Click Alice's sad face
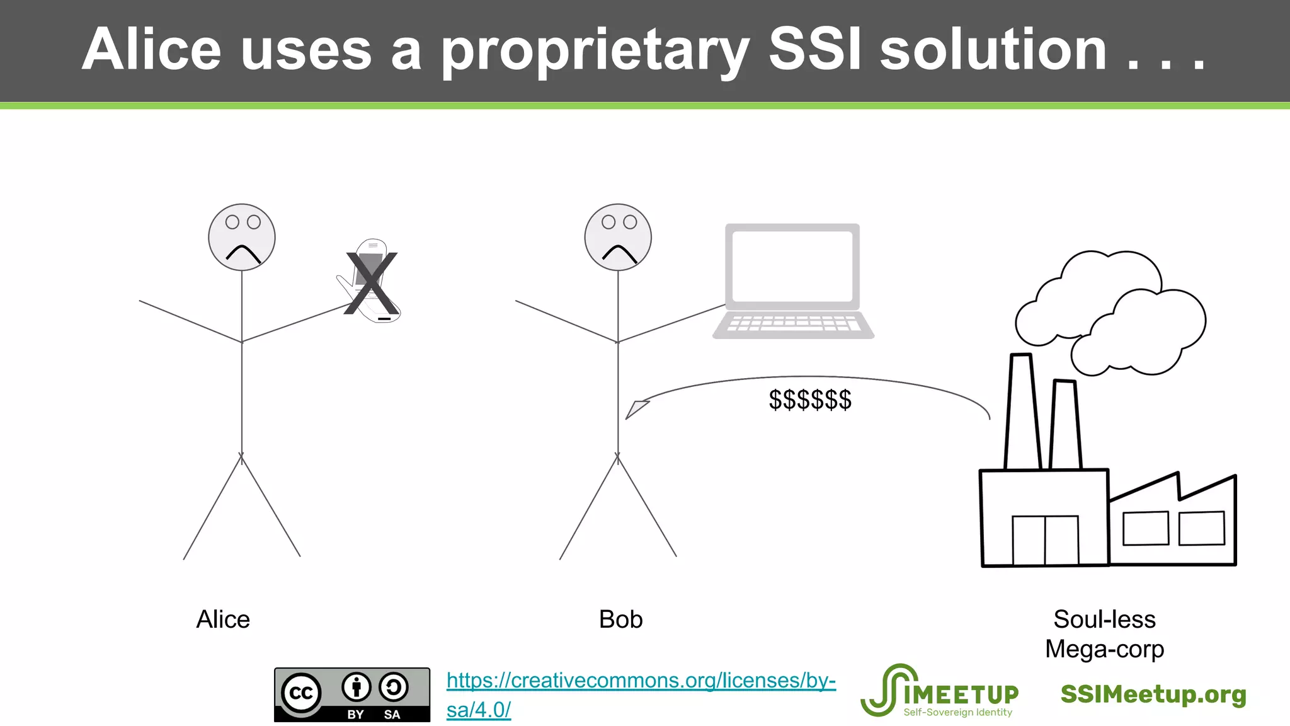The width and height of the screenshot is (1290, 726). [x=242, y=238]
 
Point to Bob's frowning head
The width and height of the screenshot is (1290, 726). [x=618, y=238]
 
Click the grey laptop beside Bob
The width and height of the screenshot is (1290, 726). [x=793, y=281]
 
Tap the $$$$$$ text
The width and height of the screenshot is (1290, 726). [x=810, y=400]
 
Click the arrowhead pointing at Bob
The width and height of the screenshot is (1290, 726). [x=636, y=409]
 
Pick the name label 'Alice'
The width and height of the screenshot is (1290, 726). [x=223, y=619]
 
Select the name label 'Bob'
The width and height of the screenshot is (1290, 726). [x=620, y=619]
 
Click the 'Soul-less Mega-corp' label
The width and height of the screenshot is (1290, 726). [x=1104, y=634]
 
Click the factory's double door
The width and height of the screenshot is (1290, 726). [x=1045, y=540]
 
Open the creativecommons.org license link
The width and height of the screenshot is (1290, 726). [x=641, y=681]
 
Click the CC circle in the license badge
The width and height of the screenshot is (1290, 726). [x=301, y=693]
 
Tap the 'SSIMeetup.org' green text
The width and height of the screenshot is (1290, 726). [x=1153, y=694]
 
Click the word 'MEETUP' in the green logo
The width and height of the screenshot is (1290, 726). [x=961, y=694]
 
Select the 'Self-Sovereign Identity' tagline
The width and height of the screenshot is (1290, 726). [x=957, y=712]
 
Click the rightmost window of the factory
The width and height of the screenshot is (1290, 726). [x=1201, y=527]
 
